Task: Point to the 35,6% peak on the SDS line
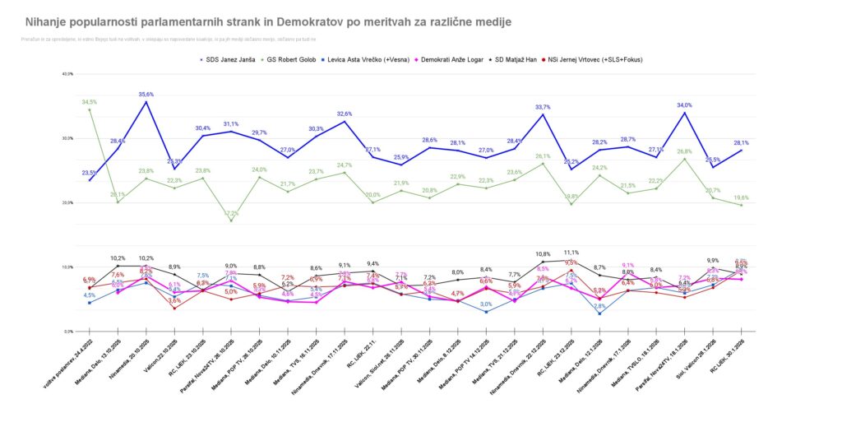(146, 102)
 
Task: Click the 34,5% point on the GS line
(90, 109)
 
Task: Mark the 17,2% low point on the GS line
(231, 220)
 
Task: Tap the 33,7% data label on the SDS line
(543, 107)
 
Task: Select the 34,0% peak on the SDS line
(684, 105)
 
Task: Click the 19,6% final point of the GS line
(741, 205)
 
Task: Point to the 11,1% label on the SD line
(571, 253)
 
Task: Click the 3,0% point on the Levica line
(486, 312)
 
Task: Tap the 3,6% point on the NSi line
(174, 308)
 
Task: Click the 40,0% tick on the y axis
(67, 74)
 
